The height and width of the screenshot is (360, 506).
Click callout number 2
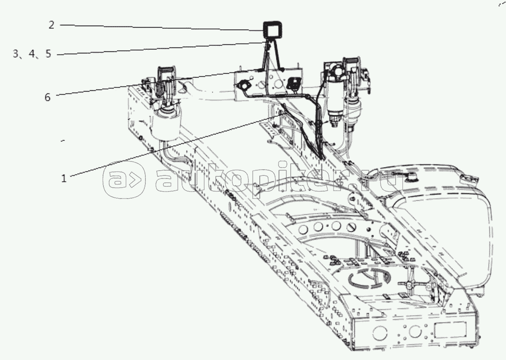click(x=52, y=25)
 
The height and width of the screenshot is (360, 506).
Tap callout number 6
click(x=48, y=97)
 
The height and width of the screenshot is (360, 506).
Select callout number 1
click(x=64, y=178)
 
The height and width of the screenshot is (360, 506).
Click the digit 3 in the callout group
click(x=16, y=54)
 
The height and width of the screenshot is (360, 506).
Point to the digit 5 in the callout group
click(x=48, y=54)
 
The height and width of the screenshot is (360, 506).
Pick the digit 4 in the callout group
click(x=32, y=54)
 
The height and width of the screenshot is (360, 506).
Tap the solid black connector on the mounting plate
click(x=293, y=83)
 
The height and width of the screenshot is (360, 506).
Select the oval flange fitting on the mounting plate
click(x=242, y=86)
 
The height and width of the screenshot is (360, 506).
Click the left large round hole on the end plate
click(x=379, y=332)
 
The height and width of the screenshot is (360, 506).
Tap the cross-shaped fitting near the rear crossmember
click(x=409, y=285)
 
